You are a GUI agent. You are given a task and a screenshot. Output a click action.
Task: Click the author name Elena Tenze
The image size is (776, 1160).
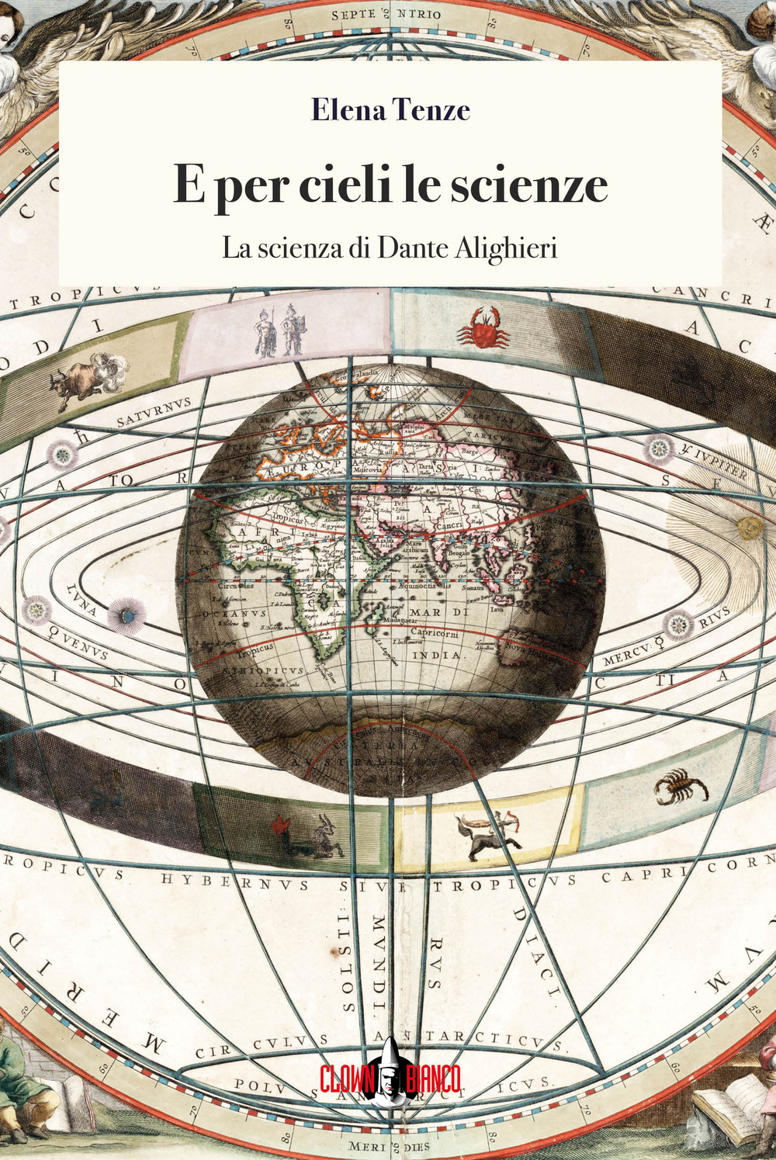[x=390, y=110]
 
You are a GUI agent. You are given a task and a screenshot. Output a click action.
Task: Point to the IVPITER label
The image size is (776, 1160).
[x=715, y=462]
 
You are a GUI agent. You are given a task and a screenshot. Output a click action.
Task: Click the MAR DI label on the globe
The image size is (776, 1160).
[x=436, y=612]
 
